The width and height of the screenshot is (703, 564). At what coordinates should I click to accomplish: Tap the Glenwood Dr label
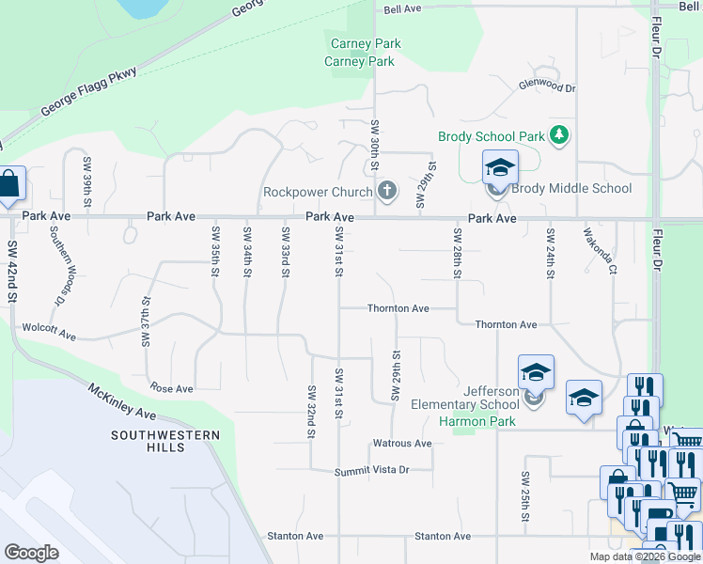pyautogui.click(x=546, y=86)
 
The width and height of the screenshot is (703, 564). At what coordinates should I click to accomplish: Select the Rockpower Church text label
pyautogui.click(x=318, y=193)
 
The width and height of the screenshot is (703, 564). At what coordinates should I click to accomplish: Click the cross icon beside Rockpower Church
pyautogui.click(x=386, y=192)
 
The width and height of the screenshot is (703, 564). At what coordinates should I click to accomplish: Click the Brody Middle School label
pyautogui.click(x=572, y=188)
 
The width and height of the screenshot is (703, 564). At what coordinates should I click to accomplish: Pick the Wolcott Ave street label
pyautogui.click(x=50, y=332)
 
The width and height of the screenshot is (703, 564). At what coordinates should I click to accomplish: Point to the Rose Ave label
pyautogui.click(x=171, y=388)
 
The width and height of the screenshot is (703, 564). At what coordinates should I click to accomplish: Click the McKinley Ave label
pyautogui.click(x=121, y=400)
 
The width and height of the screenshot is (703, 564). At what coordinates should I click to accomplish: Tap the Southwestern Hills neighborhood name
pyautogui.click(x=165, y=442)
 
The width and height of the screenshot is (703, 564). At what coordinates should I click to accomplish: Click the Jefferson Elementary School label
pyautogui.click(x=465, y=399)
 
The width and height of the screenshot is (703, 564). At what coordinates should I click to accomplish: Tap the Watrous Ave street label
pyautogui.click(x=401, y=443)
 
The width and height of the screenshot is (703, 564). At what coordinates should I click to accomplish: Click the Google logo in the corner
pyautogui.click(x=32, y=553)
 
